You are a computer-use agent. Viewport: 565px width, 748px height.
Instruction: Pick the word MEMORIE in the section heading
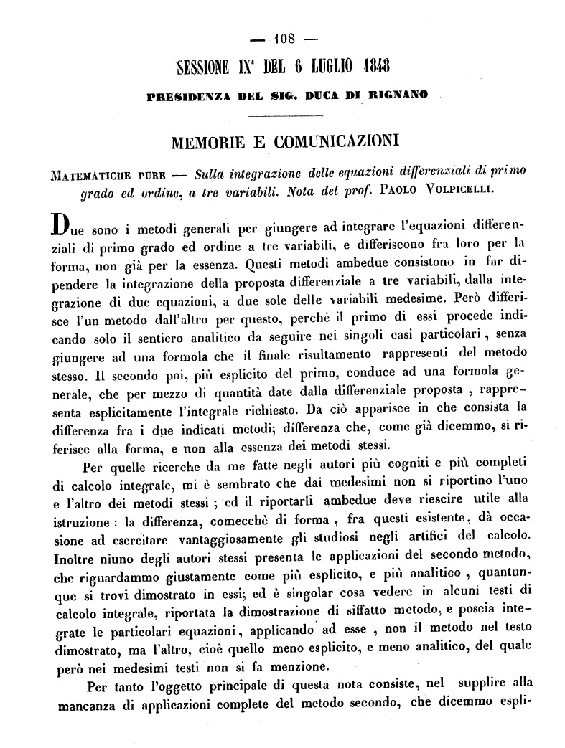(205, 138)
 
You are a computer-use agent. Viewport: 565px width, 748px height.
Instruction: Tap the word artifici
(417, 536)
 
